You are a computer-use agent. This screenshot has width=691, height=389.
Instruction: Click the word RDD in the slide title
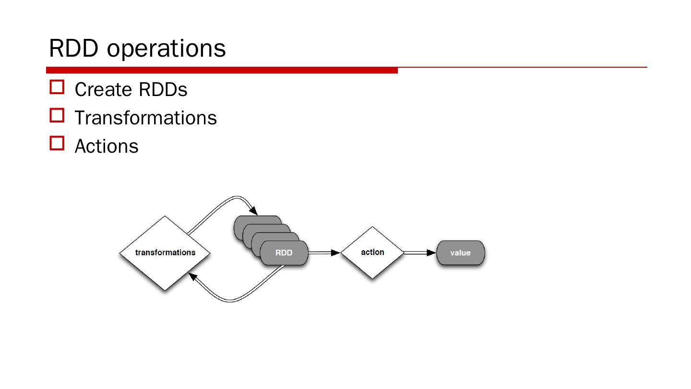(x=73, y=48)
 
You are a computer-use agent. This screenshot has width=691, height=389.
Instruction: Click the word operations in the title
(x=166, y=49)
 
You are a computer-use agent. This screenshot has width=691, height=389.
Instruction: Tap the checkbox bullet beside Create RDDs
(x=57, y=87)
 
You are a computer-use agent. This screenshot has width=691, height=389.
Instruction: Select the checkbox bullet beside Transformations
(x=57, y=115)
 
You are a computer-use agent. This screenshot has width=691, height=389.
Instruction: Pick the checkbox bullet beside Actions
(x=57, y=144)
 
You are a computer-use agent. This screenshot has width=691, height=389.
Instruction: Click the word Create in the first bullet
(x=103, y=90)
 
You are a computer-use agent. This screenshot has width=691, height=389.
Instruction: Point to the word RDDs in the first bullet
(x=163, y=90)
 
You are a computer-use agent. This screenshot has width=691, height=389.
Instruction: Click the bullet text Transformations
(x=145, y=118)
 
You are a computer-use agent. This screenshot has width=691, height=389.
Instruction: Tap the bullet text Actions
(x=106, y=146)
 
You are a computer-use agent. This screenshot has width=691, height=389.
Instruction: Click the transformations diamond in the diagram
(x=165, y=253)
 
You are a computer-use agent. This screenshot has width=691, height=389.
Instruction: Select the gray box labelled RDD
(x=284, y=253)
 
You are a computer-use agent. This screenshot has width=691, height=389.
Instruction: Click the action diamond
(x=372, y=253)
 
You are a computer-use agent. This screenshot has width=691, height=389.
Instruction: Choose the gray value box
(x=460, y=253)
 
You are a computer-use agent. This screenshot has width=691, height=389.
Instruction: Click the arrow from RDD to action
(x=322, y=253)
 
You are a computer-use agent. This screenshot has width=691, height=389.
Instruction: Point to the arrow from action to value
(x=418, y=253)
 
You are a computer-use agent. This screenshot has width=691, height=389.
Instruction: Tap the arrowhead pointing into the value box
(x=431, y=253)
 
